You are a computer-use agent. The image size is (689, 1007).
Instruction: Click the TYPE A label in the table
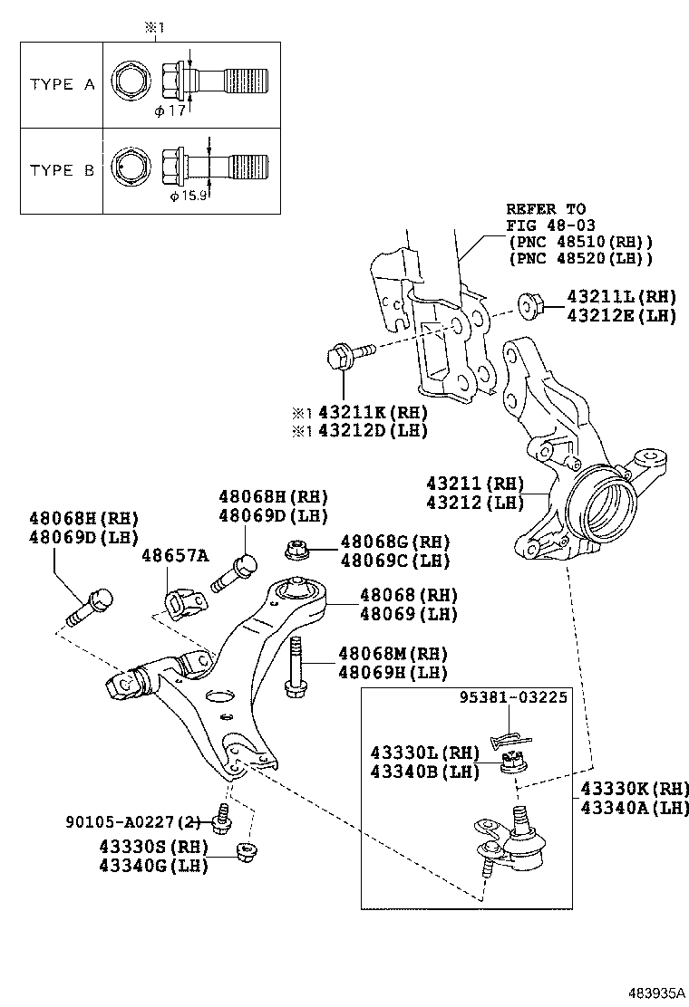[62, 84]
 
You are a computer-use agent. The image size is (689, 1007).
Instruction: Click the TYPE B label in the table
[62, 169]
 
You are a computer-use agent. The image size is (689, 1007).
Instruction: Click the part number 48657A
[174, 554]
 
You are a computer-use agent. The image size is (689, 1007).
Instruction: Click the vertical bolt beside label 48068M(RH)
[295, 667]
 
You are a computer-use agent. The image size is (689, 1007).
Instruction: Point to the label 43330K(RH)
[635, 787]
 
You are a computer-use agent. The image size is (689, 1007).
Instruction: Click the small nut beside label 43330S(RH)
[242, 852]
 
